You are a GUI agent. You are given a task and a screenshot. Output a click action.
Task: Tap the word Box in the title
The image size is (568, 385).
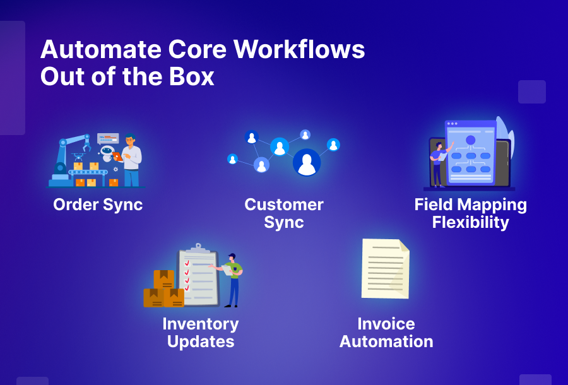[190, 77]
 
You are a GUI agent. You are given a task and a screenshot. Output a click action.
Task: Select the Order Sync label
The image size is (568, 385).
[98, 204]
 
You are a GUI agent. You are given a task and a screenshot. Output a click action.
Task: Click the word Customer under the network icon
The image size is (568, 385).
[283, 204]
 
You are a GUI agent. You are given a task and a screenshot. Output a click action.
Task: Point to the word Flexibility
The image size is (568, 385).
[470, 223]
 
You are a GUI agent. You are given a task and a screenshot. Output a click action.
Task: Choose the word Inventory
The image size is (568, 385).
[200, 324]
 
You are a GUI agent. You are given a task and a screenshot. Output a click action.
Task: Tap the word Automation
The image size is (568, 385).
[386, 342]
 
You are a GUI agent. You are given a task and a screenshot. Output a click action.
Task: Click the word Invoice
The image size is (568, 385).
[386, 324]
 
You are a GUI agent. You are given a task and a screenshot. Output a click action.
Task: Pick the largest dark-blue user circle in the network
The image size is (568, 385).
[307, 162]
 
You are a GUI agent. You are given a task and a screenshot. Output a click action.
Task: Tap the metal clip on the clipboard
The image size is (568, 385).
[198, 247]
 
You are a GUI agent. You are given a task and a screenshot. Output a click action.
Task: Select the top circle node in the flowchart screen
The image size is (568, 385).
[470, 139]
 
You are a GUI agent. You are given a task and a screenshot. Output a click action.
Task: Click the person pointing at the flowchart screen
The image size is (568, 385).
[437, 163]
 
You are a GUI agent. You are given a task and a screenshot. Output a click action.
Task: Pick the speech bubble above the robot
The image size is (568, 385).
[108, 138]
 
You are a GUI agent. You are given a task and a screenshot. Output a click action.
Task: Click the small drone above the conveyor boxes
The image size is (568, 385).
[78, 156]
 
